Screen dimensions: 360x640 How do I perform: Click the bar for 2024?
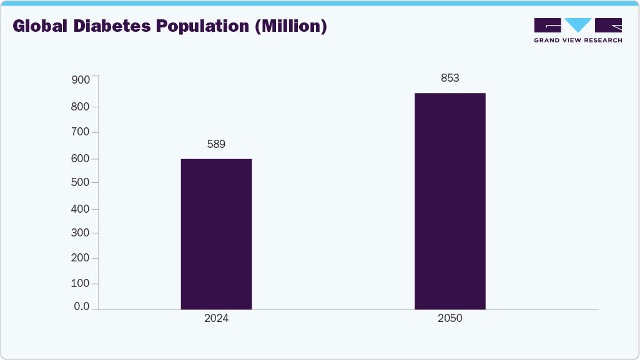(x=216, y=234)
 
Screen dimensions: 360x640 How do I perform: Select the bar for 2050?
(x=450, y=201)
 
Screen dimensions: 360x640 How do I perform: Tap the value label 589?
(x=216, y=144)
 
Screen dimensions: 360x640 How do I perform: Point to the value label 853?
(x=450, y=78)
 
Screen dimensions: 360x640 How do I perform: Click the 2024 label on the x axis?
(x=216, y=318)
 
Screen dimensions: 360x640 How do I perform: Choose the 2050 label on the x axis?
(x=450, y=318)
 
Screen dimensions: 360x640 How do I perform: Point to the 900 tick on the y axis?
(x=81, y=80)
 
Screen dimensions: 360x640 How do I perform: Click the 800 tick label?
(x=81, y=107)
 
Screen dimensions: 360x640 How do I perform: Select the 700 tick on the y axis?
(x=81, y=132)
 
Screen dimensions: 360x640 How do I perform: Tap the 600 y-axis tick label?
(x=81, y=158)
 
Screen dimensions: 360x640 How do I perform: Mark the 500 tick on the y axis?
(x=81, y=183)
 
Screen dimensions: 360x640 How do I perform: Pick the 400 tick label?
(x=81, y=208)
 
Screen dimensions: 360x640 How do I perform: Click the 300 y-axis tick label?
(x=81, y=233)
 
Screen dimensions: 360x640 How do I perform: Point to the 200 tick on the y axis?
(x=81, y=258)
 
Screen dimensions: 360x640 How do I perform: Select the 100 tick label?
(x=81, y=283)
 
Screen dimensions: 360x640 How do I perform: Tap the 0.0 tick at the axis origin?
(x=82, y=307)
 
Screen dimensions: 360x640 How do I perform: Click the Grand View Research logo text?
(x=578, y=41)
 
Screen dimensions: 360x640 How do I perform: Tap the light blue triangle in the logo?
(x=578, y=25)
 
